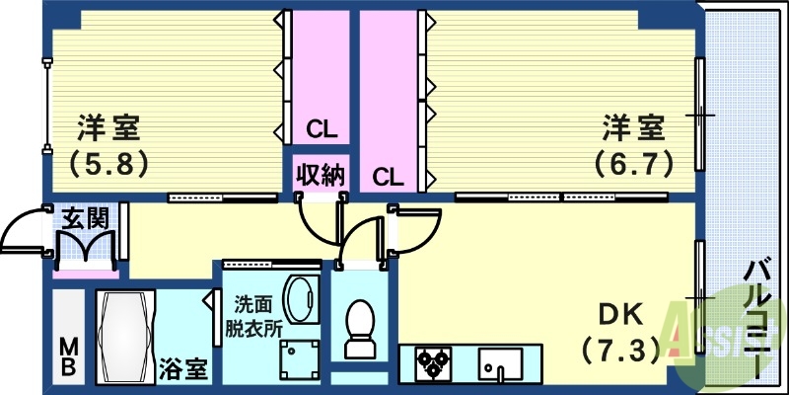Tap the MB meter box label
pyautogui.click(x=69, y=356)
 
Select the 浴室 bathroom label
pyautogui.click(x=182, y=371)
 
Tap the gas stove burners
pyautogui.click(x=431, y=364)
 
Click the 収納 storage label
pyautogui.click(x=321, y=176)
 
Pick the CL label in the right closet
pyautogui.click(x=388, y=178)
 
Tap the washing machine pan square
pyautogui.click(x=299, y=360)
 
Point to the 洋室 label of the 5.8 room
pyautogui.click(x=108, y=128)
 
